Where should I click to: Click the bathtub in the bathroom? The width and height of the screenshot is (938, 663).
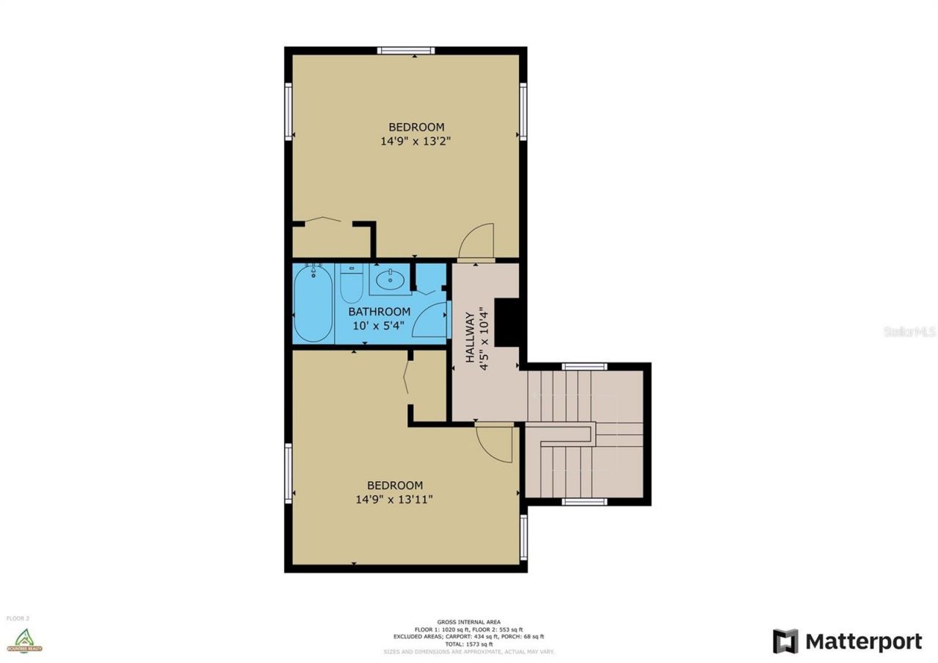[313, 303]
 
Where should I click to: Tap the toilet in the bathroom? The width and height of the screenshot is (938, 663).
[352, 285]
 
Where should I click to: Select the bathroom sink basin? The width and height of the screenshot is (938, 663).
[389, 279]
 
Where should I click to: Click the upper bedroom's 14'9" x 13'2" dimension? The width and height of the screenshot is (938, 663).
[415, 142]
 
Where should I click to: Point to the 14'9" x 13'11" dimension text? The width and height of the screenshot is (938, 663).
[394, 499]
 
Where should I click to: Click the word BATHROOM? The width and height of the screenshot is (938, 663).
[379, 312]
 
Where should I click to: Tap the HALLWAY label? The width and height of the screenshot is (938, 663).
[470, 337]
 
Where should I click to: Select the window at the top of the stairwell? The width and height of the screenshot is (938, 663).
[584, 367]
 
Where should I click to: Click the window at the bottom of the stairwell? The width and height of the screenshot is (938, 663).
[584, 502]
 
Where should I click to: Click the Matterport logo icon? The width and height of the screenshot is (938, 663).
[785, 641]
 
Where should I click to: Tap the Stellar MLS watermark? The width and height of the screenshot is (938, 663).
[909, 331]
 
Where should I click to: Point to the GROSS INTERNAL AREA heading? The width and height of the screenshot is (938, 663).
[468, 622]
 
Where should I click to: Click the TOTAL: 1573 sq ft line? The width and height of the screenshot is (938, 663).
[468, 644]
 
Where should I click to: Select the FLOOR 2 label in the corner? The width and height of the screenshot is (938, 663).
[18, 618]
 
